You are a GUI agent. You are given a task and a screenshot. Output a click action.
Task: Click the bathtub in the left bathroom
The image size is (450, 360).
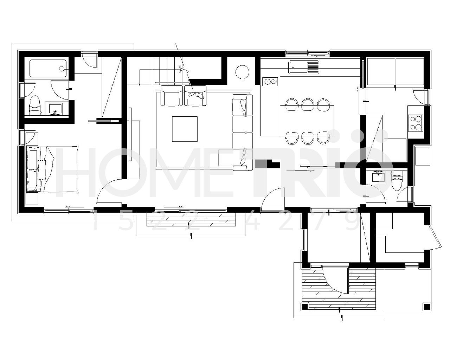pyautogui.click(x=48, y=69)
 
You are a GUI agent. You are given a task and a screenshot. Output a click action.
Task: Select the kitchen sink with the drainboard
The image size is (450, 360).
pyautogui.click(x=304, y=67)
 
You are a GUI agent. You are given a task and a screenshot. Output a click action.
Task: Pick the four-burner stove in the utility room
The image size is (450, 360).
pyautogui.click(x=416, y=123)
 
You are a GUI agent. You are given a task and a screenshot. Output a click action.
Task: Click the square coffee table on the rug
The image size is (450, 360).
pyautogui.click(x=185, y=129)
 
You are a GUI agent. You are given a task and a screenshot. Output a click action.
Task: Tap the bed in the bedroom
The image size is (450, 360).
pyautogui.click(x=52, y=169)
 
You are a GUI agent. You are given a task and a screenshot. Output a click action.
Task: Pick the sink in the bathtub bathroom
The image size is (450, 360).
pyautogui.click(x=55, y=109)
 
